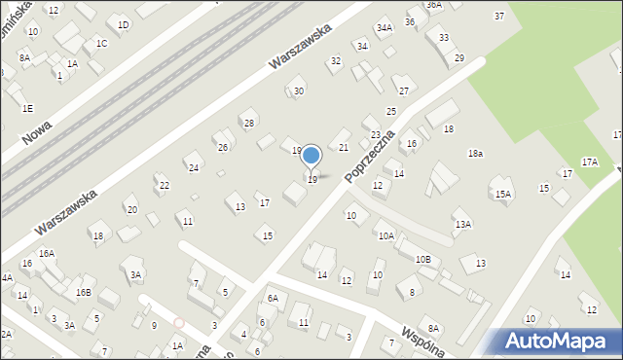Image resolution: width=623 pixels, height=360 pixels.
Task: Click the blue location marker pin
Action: point(311,156)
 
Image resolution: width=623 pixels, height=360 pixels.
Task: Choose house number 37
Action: point(499,16)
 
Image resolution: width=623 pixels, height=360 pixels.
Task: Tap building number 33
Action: point(444,37)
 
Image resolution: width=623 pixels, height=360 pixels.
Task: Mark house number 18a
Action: point(475,154)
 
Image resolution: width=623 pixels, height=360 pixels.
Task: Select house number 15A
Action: point(502,194)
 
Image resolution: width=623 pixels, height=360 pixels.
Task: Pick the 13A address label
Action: point(463,225)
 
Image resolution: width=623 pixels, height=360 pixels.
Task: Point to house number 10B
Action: point(423,259)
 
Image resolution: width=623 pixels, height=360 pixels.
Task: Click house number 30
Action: point(299,90)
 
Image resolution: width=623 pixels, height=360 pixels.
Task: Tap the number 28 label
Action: point(249,123)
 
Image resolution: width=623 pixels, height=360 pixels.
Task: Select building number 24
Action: point(194,167)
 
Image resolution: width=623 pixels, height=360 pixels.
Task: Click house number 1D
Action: point(123,24)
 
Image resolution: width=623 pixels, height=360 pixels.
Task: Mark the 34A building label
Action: point(385,28)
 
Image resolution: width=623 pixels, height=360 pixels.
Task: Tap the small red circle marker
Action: point(178,322)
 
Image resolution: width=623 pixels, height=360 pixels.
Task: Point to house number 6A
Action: point(273,298)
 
